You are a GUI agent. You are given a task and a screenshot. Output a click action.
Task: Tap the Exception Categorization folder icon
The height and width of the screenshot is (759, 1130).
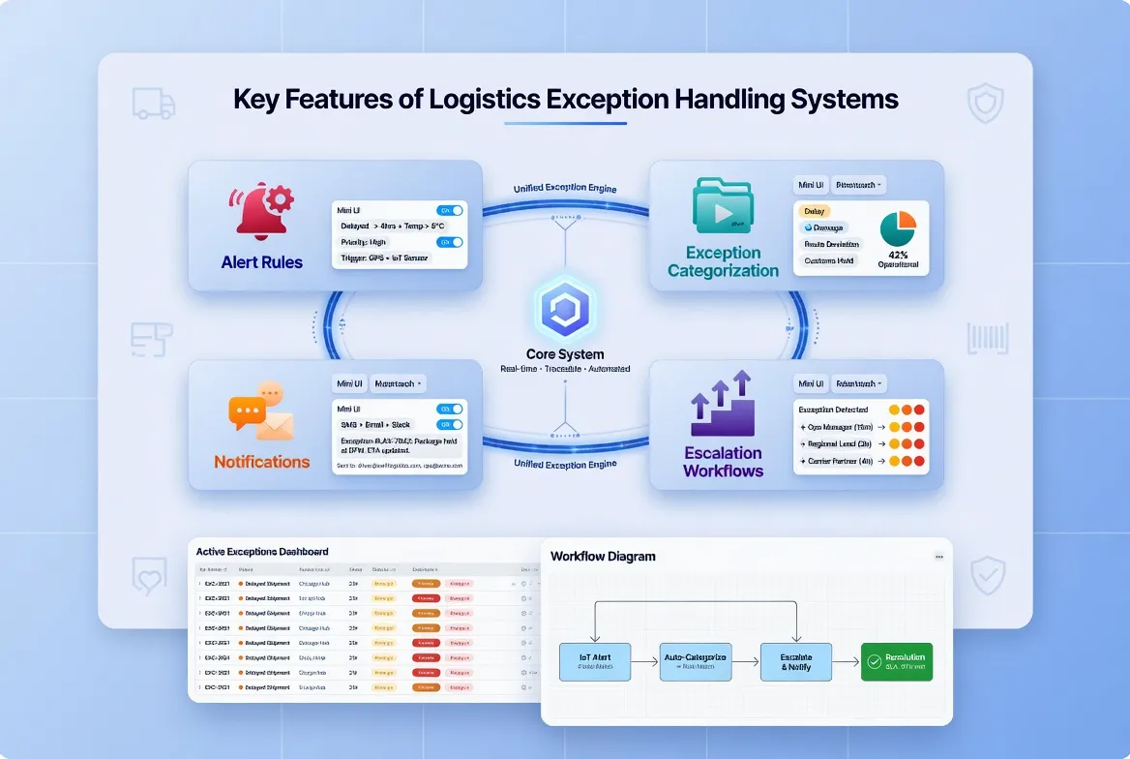(723, 205)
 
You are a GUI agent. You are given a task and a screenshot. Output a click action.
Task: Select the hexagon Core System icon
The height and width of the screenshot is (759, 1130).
(564, 308)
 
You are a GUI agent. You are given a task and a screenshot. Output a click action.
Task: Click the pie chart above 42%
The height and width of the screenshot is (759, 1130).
(898, 229)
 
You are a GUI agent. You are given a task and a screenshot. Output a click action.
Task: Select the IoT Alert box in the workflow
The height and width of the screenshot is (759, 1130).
(595, 661)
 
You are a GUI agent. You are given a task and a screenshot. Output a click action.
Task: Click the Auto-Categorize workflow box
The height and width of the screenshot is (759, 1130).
(696, 661)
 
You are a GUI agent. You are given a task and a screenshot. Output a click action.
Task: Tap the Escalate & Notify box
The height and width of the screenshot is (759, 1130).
(796, 661)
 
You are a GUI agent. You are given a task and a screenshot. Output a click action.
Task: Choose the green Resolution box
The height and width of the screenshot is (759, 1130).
(897, 661)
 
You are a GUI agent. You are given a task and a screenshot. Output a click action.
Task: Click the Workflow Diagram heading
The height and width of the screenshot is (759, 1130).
(603, 557)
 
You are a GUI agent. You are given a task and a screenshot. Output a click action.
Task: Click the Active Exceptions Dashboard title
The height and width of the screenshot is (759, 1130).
(261, 551)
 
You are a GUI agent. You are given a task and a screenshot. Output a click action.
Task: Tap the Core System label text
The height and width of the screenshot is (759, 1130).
(564, 353)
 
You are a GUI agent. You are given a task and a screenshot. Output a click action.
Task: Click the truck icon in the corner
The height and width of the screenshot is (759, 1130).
(153, 103)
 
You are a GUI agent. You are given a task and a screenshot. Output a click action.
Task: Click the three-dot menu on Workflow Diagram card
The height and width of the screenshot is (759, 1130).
(938, 557)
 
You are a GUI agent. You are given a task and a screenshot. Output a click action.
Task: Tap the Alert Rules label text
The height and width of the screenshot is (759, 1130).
(261, 262)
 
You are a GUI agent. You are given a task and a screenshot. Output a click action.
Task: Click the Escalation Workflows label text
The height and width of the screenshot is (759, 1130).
(723, 462)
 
